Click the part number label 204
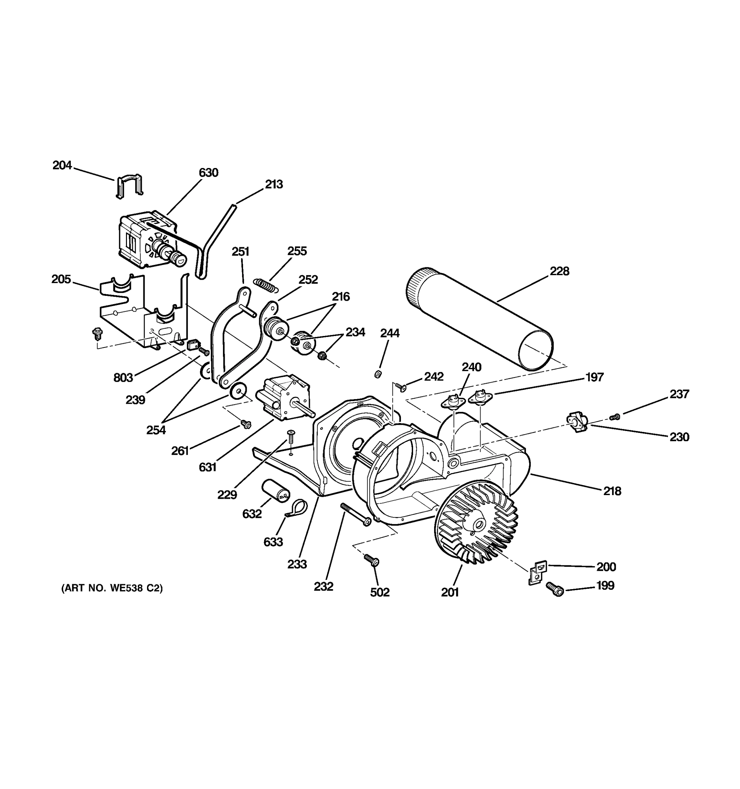click(x=62, y=165)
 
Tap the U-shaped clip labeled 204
click(x=129, y=185)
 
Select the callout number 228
click(x=559, y=271)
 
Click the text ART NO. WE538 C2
click(x=112, y=588)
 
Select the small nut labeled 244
click(x=378, y=373)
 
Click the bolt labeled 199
click(x=555, y=589)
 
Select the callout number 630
click(x=209, y=173)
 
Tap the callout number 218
click(x=612, y=491)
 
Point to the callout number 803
click(x=123, y=377)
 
